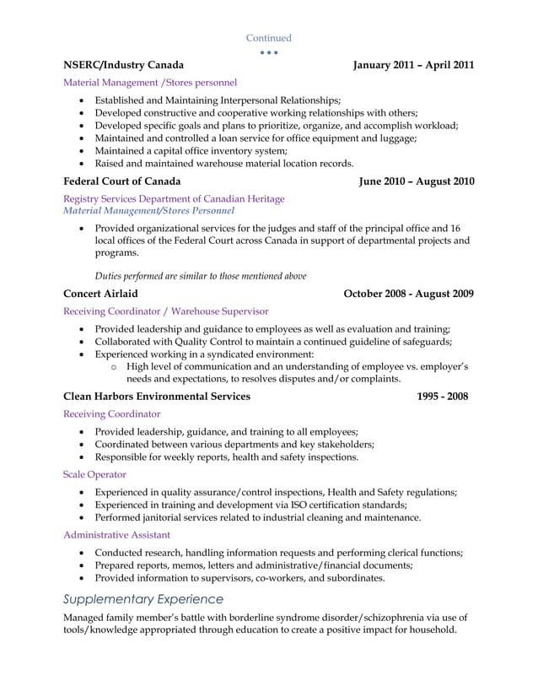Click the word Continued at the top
pyautogui.click(x=268, y=38)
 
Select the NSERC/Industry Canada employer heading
pyautogui.click(x=124, y=64)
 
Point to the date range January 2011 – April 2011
pyautogui.click(x=413, y=64)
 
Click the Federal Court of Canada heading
pyautogui.click(x=121, y=181)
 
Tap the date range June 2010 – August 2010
pyautogui.click(x=417, y=181)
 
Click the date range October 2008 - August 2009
pyautogui.click(x=408, y=293)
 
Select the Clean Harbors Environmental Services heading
pyautogui.click(x=157, y=396)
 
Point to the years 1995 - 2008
pyautogui.click(x=443, y=396)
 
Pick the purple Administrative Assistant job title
pyautogui.click(x=116, y=534)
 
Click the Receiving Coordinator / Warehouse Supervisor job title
pyautogui.click(x=166, y=311)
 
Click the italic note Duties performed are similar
pyautogui.click(x=201, y=275)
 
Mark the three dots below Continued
pyautogui.click(x=268, y=52)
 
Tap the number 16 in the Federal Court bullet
pyautogui.click(x=455, y=228)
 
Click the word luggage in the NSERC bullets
pyautogui.click(x=396, y=138)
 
